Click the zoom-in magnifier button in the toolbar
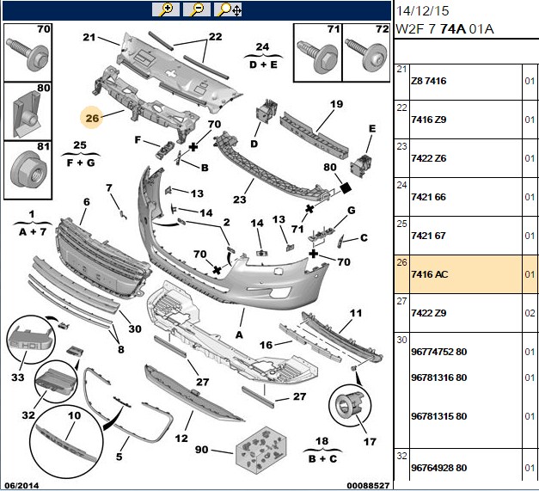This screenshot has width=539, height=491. pyautogui.click(x=166, y=10)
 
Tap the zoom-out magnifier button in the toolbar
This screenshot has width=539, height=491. pyautogui.click(x=197, y=10)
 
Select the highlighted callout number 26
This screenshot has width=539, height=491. pyautogui.click(x=92, y=119)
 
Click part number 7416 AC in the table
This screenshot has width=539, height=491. pyautogui.click(x=430, y=274)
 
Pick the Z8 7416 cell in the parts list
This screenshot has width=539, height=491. pyautogui.click(x=429, y=81)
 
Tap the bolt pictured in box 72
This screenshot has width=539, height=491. pyautogui.click(x=365, y=54)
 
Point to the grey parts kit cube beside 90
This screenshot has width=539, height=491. pyautogui.click(x=261, y=449)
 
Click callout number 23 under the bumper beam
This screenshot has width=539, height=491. pyautogui.click(x=240, y=199)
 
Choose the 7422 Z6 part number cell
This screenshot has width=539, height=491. pyautogui.click(x=429, y=158)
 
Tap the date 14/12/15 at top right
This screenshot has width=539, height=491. pyautogui.click(x=422, y=11)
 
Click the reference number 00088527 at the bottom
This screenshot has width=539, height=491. pyautogui.click(x=368, y=486)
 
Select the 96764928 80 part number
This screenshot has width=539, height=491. pyautogui.click(x=439, y=468)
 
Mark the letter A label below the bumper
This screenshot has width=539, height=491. pyautogui.click(x=239, y=334)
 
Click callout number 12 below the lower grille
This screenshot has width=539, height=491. pyautogui.click(x=181, y=439)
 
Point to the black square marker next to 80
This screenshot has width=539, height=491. pyautogui.click(x=346, y=187)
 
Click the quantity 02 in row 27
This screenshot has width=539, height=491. pyautogui.click(x=530, y=313)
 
